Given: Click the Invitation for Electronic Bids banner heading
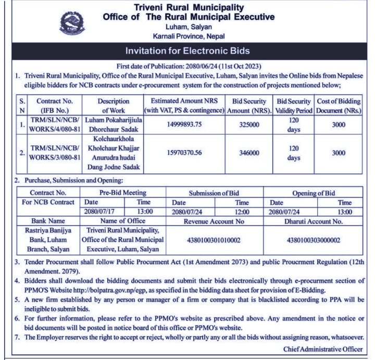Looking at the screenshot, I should pos(187,51).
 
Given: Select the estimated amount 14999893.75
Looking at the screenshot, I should pos(184,125).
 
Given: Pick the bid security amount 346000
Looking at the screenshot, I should pos(249,153).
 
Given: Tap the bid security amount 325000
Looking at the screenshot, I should pos(249,125).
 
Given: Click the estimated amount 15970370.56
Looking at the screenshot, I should pos(184,153).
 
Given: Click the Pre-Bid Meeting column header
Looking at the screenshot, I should pos(122,193).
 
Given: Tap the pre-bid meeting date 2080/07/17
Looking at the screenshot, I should pos(98,212).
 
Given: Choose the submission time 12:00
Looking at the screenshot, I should pos(242,212).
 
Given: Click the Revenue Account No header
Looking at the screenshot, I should pos(214,221).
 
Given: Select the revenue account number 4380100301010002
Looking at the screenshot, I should pos(214,240).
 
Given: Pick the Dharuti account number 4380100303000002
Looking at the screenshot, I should pos(314,240).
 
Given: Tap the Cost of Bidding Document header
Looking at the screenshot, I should pos(339,106).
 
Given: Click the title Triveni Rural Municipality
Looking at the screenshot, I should pos(189,7).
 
